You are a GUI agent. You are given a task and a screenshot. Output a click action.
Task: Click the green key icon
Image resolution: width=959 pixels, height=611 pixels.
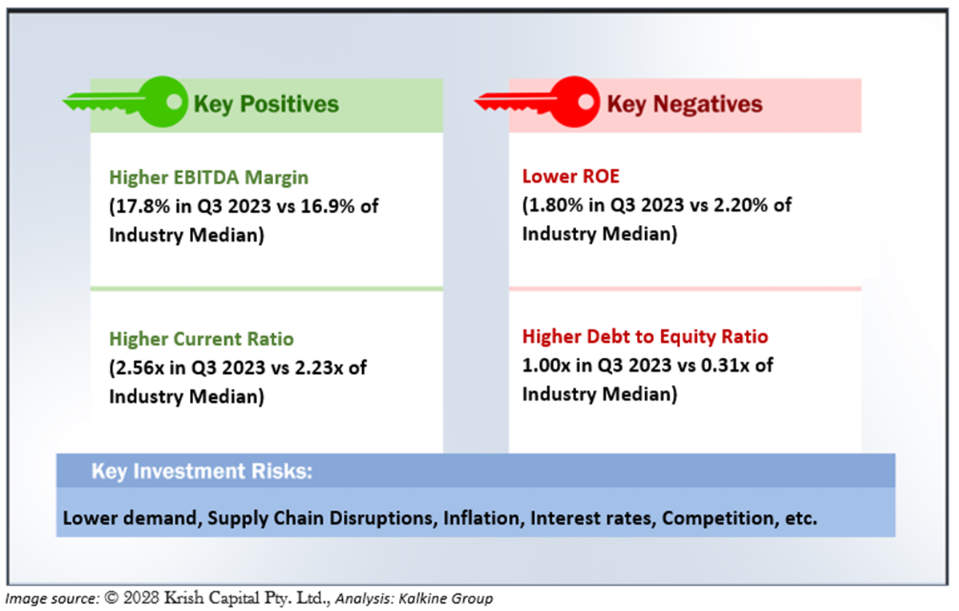125,102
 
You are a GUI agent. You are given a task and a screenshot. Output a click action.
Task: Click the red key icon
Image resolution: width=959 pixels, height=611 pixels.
538,102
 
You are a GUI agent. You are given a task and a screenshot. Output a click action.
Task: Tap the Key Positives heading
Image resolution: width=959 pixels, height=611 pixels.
266,105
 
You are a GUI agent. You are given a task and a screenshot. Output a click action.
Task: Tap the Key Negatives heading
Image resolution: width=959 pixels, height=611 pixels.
684,105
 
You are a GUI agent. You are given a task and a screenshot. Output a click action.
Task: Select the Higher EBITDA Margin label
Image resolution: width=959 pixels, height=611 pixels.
208,177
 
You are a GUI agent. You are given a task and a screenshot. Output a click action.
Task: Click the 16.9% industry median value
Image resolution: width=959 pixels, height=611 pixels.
327,206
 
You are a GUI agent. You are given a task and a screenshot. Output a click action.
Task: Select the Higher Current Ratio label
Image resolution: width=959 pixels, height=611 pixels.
201,339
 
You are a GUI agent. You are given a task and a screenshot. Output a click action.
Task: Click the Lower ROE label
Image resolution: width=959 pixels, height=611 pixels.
570,176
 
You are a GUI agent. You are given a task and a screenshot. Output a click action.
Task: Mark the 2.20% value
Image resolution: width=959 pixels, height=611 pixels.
740,205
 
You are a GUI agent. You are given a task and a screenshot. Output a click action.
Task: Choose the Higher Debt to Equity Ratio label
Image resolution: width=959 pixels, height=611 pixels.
645,336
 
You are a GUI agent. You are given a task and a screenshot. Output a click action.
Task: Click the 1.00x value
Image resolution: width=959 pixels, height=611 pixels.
546,365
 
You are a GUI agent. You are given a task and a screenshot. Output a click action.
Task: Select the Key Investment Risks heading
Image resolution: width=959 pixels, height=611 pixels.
202,471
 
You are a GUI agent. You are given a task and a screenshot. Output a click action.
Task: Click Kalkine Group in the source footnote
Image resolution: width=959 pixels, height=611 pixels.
445,598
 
